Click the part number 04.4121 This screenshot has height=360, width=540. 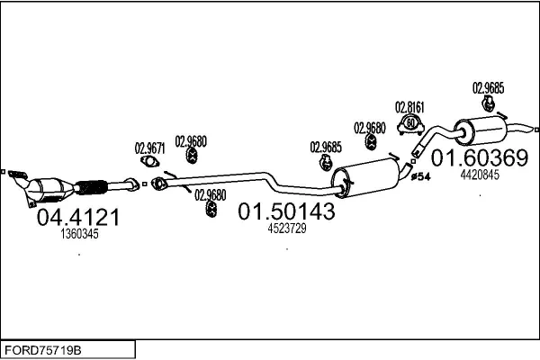[x=76, y=218]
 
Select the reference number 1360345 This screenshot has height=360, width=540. [x=79, y=234]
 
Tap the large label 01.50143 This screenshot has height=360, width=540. [x=286, y=211]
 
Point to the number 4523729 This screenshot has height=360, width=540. [x=287, y=228]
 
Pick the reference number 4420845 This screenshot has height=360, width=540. [x=479, y=175]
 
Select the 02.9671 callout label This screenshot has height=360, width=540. [x=149, y=147]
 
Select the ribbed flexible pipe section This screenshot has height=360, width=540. [x=93, y=188]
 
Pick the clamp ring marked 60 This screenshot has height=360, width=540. [x=411, y=123]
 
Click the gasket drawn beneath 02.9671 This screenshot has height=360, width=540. [x=151, y=163]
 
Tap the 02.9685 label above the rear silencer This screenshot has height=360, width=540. [x=489, y=88]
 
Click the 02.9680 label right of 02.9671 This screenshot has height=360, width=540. [x=191, y=140]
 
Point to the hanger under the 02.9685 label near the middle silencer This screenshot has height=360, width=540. [x=325, y=163]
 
